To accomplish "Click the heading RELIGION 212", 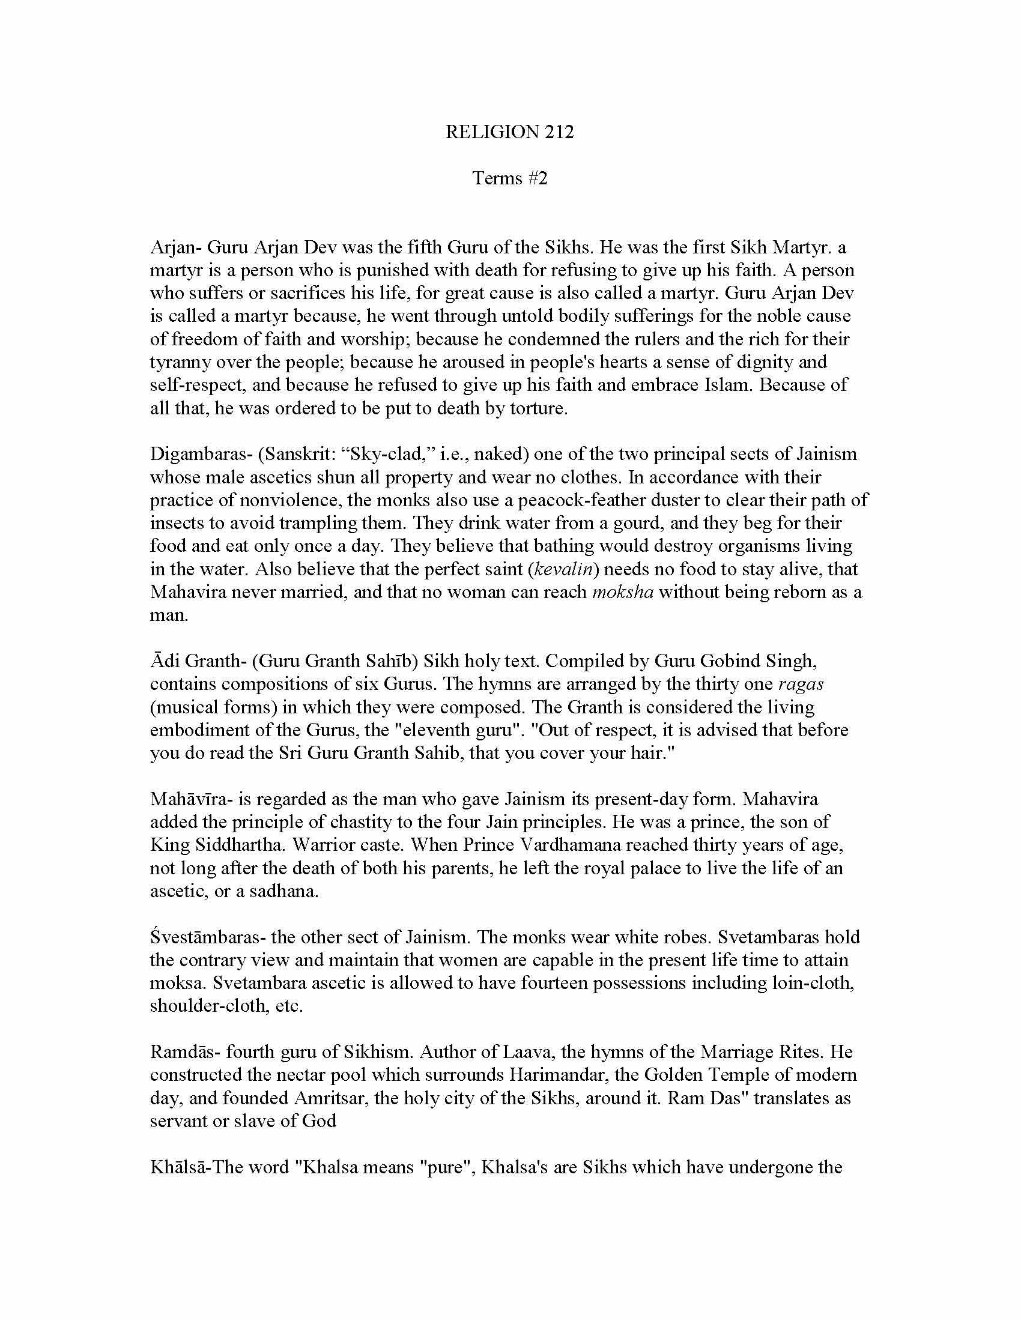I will pyautogui.click(x=509, y=132).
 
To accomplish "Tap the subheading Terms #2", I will pyautogui.click(x=509, y=178).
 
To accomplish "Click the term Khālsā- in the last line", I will pyautogui.click(x=178, y=1167).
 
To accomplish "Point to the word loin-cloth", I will pyautogui.click(x=813, y=983).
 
